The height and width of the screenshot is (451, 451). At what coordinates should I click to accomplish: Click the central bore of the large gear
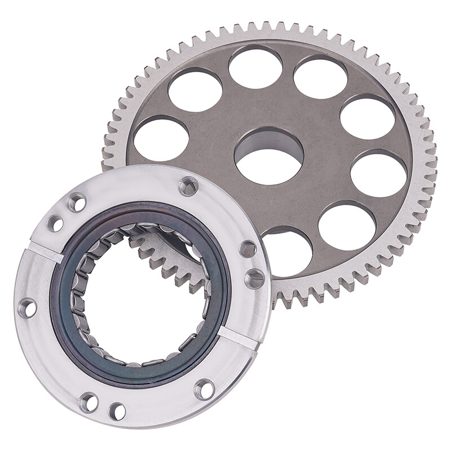click(269, 156)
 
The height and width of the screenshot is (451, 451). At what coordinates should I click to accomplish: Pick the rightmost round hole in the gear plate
click(378, 173)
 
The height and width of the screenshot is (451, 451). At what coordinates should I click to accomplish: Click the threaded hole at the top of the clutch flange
click(188, 185)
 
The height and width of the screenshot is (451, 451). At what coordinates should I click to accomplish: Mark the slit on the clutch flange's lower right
click(237, 337)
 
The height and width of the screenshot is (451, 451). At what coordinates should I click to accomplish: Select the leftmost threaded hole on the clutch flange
click(26, 308)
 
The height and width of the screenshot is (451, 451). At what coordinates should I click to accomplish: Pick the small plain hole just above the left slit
click(55, 223)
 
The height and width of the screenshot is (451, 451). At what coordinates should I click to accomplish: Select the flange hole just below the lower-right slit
click(204, 389)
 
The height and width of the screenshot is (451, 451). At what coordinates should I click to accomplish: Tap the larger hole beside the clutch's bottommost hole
click(89, 402)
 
